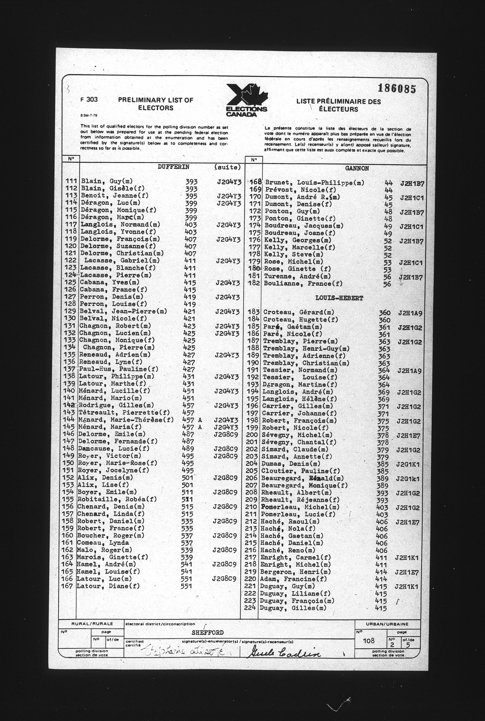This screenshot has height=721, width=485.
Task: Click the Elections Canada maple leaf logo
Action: point(247,100)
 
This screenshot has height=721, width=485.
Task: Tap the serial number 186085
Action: point(397,89)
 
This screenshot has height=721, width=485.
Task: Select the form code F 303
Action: point(89,100)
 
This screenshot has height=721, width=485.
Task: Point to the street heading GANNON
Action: point(357,168)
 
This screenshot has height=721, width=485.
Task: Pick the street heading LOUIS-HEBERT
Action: point(339,298)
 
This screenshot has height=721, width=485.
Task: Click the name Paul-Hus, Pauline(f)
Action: point(119,369)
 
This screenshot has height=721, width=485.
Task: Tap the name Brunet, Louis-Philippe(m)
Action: point(314,183)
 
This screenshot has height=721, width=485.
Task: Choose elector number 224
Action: point(250,608)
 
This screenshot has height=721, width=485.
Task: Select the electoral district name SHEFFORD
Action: point(207,633)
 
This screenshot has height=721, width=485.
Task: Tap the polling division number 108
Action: point(369,640)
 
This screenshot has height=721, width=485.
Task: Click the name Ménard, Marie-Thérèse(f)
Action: point(126,420)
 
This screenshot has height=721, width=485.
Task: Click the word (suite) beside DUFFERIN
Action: point(227,167)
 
